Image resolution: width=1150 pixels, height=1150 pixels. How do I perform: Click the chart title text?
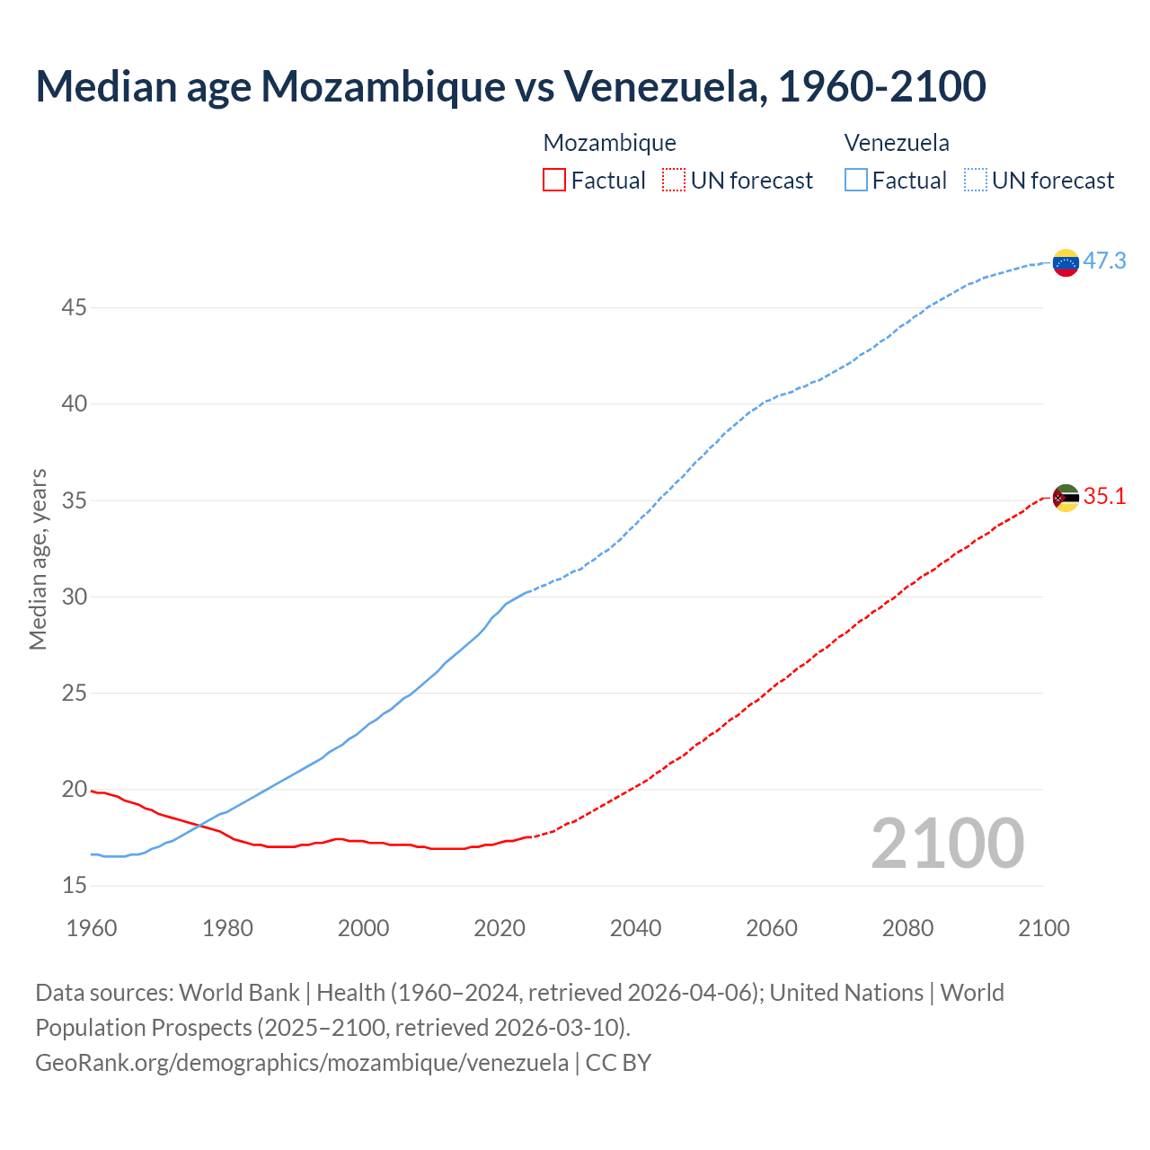(510, 86)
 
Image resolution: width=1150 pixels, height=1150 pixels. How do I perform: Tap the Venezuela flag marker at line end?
(1066, 262)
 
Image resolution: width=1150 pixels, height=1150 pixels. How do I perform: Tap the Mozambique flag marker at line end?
(1066, 498)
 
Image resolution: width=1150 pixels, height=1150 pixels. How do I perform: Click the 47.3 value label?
(1104, 261)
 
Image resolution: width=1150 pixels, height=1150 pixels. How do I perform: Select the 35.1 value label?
(1104, 497)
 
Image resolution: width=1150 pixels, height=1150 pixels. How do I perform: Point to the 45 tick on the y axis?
(75, 308)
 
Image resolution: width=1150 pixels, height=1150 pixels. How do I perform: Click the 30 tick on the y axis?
(75, 597)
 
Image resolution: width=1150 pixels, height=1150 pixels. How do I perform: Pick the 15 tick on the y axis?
(75, 886)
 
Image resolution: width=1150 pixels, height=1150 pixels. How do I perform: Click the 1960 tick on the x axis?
(92, 928)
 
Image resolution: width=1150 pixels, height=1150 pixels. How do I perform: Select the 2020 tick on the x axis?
(500, 928)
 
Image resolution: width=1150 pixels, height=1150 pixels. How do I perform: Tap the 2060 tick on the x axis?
(772, 928)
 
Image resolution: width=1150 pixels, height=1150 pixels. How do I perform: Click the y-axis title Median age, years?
(38, 559)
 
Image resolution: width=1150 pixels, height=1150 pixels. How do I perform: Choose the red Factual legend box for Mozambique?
(554, 181)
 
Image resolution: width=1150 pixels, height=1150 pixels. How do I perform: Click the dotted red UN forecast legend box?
(674, 181)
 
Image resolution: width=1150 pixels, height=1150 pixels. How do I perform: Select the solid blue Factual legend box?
(856, 181)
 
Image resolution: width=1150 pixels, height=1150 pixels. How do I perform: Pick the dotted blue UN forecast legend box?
(976, 181)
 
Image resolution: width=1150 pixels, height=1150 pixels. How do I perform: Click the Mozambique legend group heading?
(609, 143)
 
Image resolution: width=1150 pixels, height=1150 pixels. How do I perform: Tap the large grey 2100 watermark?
(947, 844)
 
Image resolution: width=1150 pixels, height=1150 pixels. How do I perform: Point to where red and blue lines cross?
(199, 825)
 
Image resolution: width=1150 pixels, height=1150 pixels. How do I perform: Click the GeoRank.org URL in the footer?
(302, 1063)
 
